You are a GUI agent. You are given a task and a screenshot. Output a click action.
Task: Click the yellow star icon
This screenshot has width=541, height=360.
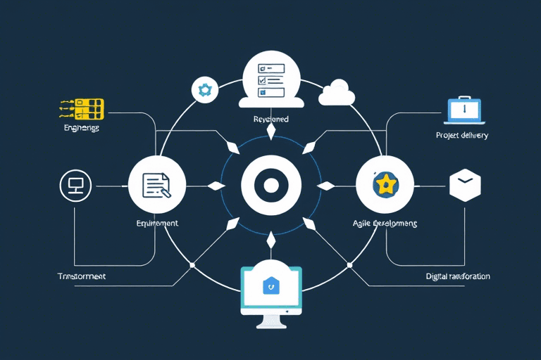385,185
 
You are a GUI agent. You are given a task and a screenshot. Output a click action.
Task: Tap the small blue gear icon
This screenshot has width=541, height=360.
205,89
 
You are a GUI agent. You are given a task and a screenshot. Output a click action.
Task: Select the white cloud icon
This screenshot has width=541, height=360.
335,94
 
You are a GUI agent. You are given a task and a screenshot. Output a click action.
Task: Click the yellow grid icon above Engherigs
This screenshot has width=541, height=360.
81,108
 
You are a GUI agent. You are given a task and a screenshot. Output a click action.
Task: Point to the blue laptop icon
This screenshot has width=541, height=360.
464,110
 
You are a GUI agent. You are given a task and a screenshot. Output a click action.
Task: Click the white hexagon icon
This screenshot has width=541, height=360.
464,184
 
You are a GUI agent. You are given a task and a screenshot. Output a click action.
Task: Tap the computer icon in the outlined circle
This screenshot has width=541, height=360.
75,186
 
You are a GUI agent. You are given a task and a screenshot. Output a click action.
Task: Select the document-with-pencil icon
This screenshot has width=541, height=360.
157,186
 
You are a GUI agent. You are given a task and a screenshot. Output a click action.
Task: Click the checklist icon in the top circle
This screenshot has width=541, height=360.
271,79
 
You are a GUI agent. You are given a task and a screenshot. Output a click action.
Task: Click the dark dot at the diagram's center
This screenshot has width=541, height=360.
271,185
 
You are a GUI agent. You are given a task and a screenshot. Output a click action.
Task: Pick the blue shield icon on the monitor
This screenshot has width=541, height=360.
271,285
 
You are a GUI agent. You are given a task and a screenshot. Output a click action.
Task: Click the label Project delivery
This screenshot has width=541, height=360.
461,135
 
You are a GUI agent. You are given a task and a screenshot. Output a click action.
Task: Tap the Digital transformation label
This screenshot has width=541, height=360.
458,276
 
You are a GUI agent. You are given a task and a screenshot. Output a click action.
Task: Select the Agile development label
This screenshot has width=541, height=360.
385,223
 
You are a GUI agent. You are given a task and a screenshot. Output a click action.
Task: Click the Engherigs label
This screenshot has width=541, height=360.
81,129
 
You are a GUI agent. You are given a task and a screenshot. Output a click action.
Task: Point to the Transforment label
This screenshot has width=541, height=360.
82,276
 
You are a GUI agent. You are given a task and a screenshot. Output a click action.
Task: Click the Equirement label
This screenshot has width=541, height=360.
157,223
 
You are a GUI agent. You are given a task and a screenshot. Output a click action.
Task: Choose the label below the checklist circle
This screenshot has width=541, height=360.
271,120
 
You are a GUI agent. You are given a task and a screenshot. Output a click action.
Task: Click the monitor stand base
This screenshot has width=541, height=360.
271,325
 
